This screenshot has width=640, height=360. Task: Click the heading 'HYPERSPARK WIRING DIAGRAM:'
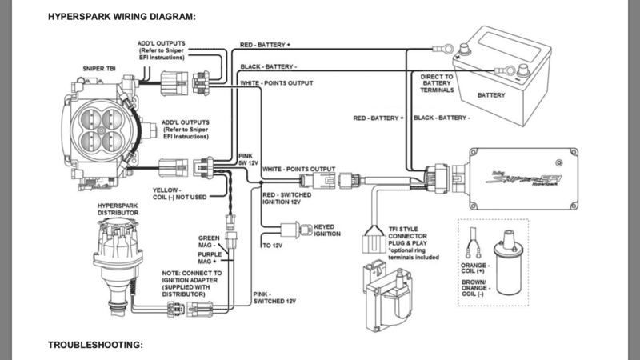click(x=122, y=17)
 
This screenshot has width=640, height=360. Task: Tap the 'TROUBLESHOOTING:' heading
click(x=95, y=345)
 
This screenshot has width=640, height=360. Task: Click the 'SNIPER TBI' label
click(x=99, y=69)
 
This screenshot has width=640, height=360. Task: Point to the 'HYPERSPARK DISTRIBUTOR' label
click(x=118, y=210)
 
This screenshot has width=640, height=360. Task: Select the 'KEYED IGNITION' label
click(x=327, y=230)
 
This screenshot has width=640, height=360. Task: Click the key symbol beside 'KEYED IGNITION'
click(x=306, y=230)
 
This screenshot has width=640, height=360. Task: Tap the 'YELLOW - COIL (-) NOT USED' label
click(x=179, y=194)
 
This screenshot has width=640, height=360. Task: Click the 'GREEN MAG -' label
click(x=209, y=242)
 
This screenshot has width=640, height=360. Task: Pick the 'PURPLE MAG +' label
click(x=210, y=258)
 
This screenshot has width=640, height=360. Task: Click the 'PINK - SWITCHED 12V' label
click(x=274, y=298)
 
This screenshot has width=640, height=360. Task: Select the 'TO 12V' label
click(x=272, y=246)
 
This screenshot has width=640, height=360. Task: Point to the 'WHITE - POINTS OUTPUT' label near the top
click(x=276, y=83)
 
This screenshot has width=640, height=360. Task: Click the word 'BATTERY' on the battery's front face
click(x=491, y=95)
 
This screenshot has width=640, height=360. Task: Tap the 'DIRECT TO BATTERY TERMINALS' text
click(x=437, y=83)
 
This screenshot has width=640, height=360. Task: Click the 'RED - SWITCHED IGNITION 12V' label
click(x=287, y=198)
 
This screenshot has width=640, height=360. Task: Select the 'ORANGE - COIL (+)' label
click(x=475, y=268)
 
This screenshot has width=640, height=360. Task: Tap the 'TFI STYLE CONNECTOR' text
click(x=407, y=233)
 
